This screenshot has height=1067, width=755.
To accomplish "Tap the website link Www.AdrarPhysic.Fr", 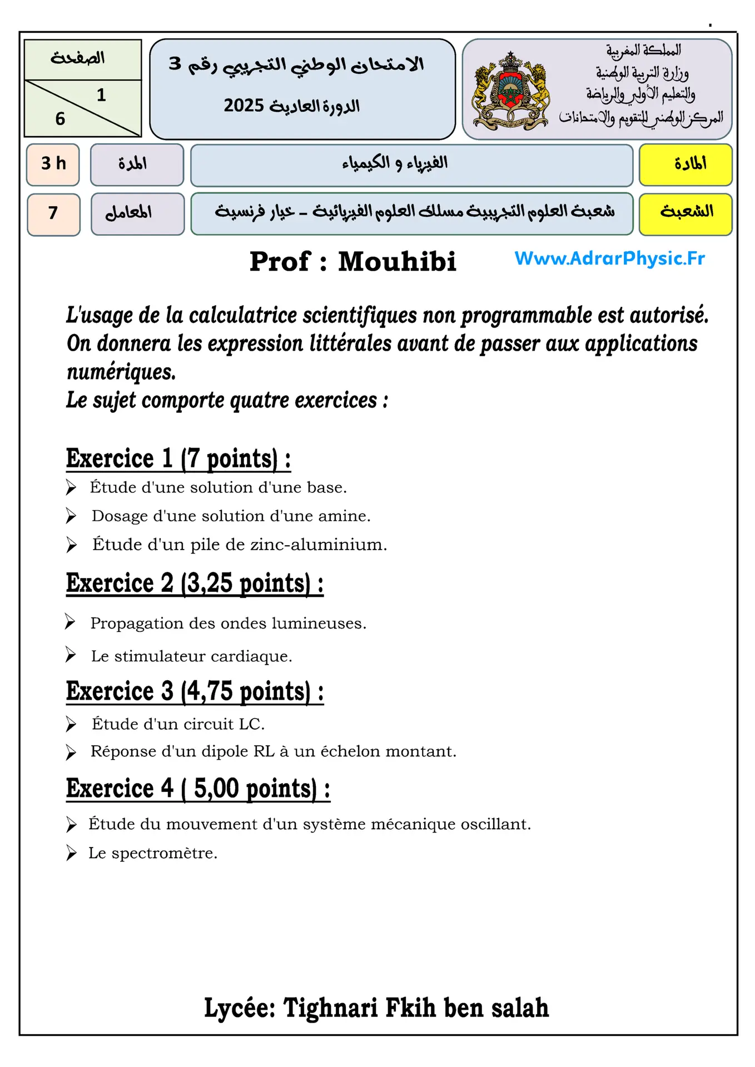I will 609,258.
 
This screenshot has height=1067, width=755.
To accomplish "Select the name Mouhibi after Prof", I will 397,262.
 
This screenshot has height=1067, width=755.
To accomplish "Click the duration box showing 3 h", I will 53,164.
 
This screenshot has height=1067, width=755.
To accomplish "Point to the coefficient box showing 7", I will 53,213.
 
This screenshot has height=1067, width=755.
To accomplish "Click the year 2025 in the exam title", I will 244,106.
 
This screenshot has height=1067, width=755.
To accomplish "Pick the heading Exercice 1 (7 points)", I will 178,459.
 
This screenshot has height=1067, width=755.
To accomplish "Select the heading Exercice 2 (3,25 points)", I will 195,584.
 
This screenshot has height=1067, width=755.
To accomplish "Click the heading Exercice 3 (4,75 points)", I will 195,692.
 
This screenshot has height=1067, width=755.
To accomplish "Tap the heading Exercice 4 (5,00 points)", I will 198,789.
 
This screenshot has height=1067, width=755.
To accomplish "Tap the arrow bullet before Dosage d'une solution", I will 71,516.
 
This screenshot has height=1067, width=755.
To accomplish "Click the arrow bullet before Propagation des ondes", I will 70,622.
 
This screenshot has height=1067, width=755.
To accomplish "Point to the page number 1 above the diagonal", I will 101,96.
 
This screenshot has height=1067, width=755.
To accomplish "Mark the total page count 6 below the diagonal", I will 60,119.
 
